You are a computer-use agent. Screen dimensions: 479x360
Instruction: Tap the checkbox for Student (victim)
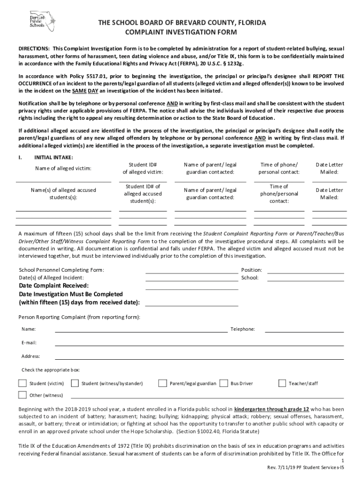click(22, 383)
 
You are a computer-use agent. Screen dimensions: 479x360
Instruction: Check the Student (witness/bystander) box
click(74, 383)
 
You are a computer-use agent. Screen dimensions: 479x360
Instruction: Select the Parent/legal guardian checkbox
click(163, 383)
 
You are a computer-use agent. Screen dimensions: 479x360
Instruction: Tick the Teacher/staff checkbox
click(282, 383)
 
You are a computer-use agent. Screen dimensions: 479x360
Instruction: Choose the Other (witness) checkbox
click(22, 394)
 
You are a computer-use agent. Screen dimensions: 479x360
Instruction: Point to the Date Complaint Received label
click(54, 285)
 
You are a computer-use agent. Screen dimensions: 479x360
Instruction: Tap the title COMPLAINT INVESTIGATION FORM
click(180, 32)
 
